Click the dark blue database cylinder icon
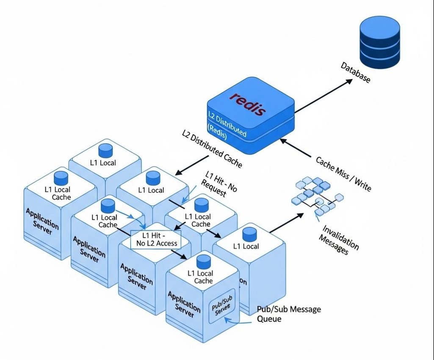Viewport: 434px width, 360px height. pos(379,42)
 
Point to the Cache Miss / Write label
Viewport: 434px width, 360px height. pos(343,173)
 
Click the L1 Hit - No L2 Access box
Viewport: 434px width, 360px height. pos(156,239)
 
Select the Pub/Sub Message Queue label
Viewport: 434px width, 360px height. pos(289,313)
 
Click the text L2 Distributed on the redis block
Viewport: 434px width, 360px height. pos(227,124)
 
